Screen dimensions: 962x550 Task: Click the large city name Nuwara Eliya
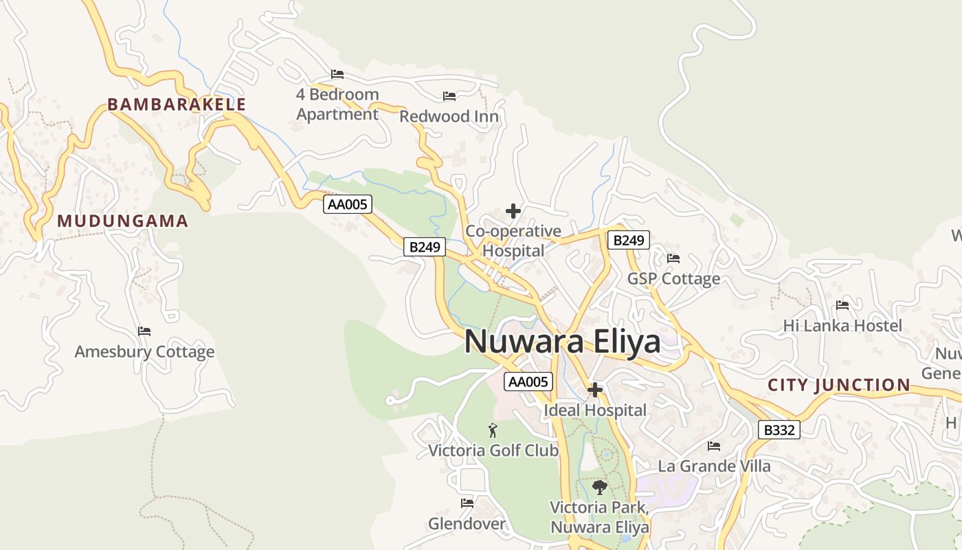(562, 342)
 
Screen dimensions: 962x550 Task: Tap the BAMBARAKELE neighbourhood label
(177, 104)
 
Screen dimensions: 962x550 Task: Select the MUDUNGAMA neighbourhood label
(122, 221)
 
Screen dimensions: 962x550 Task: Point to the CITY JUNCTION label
(839, 385)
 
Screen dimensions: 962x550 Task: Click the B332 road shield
(779, 430)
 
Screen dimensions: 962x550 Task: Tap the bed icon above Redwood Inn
(449, 96)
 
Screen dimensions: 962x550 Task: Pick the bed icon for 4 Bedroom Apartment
(337, 74)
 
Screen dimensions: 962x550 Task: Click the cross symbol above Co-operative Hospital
(513, 211)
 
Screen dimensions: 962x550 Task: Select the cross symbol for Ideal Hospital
(595, 390)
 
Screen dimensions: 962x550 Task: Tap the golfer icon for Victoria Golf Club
(493, 430)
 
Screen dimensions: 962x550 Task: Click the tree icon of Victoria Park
(599, 487)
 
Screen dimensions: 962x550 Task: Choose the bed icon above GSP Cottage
(673, 258)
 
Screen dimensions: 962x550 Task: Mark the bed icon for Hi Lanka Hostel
(842, 305)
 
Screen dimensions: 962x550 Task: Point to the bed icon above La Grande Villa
(714, 445)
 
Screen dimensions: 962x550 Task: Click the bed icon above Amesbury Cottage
(144, 331)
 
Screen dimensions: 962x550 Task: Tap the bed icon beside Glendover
(467, 503)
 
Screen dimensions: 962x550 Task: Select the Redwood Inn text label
(449, 116)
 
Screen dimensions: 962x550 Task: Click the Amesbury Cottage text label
(144, 352)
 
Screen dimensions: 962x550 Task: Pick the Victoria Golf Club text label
(493, 450)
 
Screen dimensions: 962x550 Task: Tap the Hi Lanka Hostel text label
(842, 325)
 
